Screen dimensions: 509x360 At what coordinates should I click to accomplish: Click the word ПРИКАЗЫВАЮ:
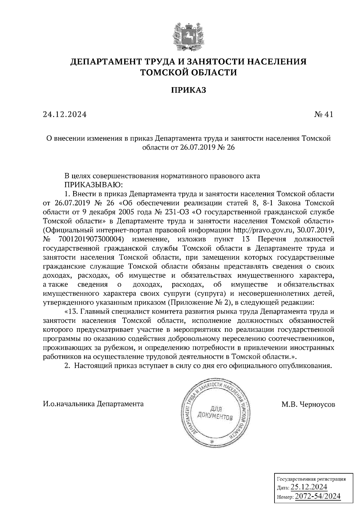(x=92, y=184)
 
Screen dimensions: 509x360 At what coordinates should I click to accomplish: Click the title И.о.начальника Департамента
(x=93, y=404)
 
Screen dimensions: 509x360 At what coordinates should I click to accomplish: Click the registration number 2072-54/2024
(x=318, y=496)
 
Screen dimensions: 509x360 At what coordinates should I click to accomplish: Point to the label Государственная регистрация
(x=310, y=479)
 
